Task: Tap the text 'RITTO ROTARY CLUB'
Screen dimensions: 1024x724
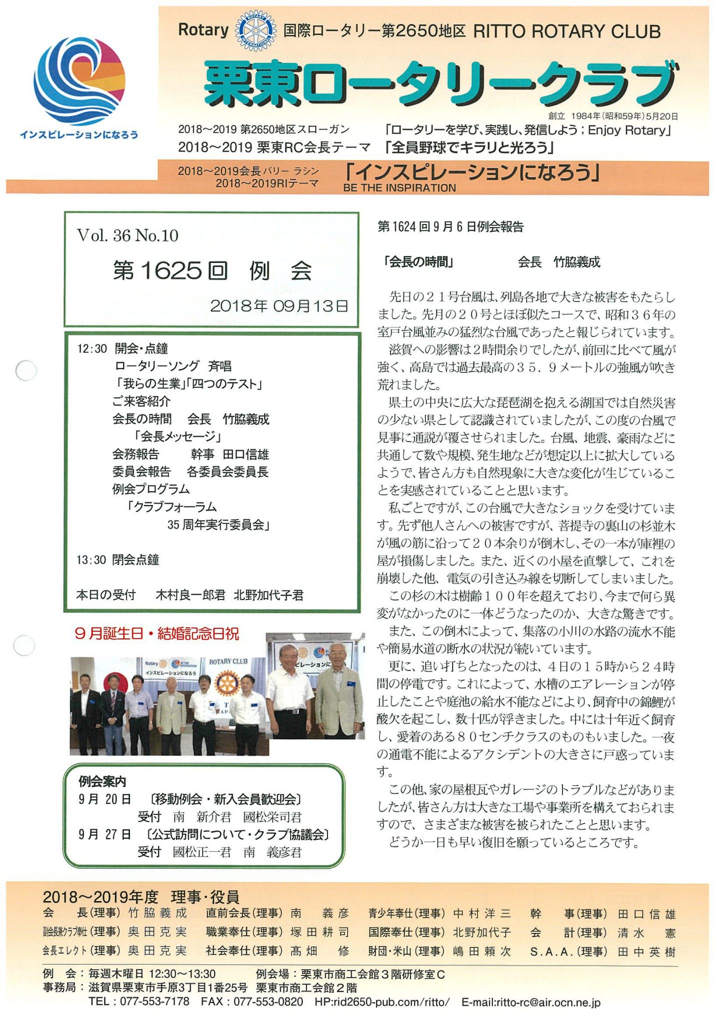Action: click(x=566, y=31)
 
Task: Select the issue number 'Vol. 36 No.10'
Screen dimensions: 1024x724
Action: click(x=127, y=235)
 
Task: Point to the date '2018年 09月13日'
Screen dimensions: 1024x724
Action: click(x=278, y=306)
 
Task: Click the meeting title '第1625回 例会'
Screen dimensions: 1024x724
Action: click(x=212, y=271)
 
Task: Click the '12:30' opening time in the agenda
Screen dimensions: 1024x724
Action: click(x=91, y=348)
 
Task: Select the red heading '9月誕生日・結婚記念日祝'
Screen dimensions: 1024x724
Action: click(x=156, y=634)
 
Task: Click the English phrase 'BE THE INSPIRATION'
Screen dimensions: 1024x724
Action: click(x=399, y=188)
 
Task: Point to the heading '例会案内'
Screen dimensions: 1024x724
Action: click(x=102, y=781)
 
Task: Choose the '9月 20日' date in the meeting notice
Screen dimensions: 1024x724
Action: click(x=104, y=799)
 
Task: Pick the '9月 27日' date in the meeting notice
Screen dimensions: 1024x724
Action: click(x=104, y=834)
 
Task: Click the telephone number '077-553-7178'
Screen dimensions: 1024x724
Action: click(x=154, y=1001)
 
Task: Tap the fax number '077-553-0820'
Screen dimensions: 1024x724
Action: click(x=268, y=1001)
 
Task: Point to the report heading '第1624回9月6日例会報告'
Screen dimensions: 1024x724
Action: click(x=450, y=227)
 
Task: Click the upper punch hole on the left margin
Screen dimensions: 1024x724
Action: click(x=26, y=370)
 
